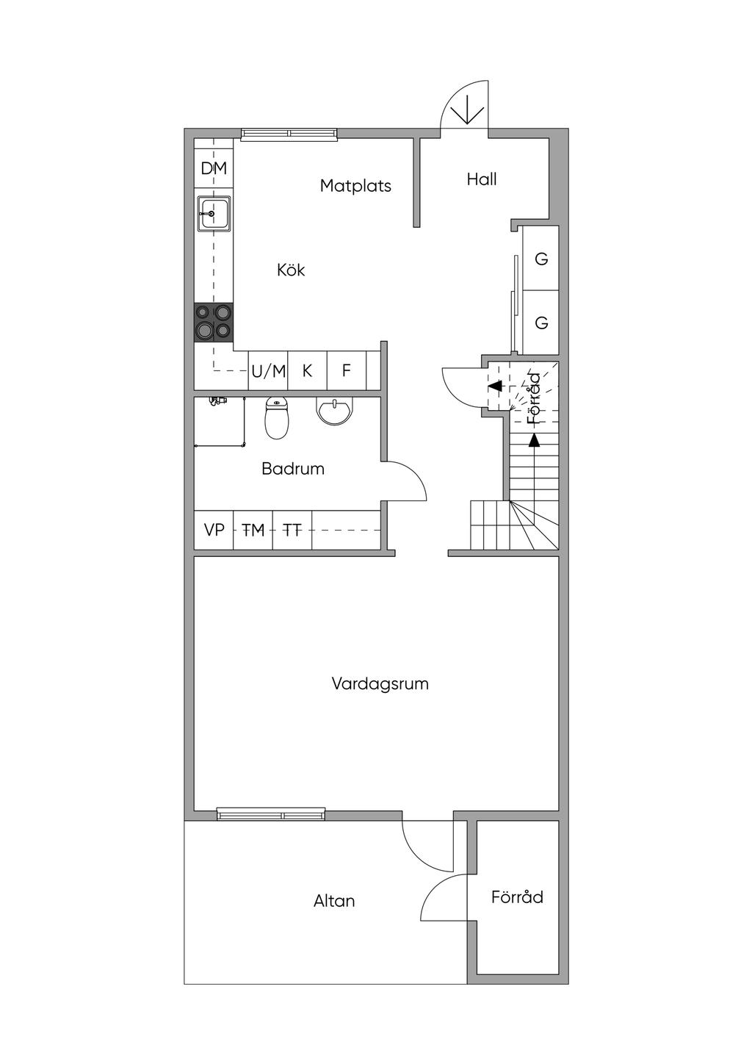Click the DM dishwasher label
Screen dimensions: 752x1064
(214, 168)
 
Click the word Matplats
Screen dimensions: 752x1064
(355, 186)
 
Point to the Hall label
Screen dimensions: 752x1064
(482, 179)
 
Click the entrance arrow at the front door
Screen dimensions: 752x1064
(467, 109)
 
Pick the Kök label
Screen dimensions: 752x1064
(291, 270)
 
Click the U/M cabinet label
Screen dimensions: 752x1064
(269, 371)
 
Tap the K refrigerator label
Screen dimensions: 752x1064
(307, 371)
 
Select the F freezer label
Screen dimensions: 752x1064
(347, 370)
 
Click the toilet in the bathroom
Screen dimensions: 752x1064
(277, 418)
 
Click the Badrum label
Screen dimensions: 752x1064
(293, 470)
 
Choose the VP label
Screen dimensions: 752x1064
(214, 530)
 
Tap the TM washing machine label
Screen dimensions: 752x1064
(253, 530)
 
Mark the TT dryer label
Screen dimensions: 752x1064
(292, 530)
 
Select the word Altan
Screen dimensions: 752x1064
(334, 901)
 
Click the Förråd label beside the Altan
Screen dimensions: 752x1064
(517, 896)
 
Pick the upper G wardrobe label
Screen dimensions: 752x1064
(541, 259)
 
